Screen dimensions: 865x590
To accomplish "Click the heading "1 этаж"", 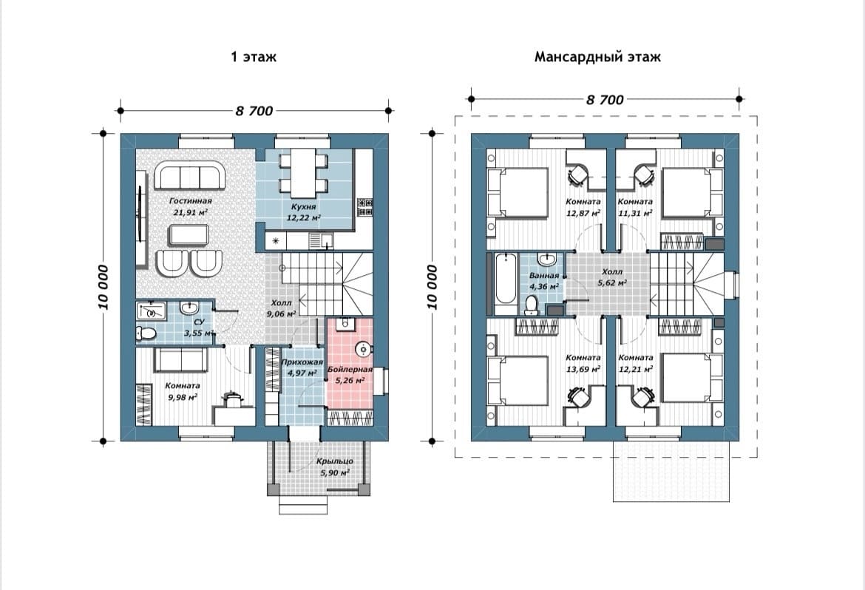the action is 253,57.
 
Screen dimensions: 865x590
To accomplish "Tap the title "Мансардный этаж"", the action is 597,57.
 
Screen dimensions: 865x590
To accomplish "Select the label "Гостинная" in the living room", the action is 190,201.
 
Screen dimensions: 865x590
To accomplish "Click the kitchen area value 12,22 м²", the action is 303,217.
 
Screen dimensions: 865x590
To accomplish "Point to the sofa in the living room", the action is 190,175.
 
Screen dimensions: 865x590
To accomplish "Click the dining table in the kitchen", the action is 303,171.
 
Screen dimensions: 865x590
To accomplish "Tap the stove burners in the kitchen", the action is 364,207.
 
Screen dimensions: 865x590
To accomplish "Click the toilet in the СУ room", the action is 145,333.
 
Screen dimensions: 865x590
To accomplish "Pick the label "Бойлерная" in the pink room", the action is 350,369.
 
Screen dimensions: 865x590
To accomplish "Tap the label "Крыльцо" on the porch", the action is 335,461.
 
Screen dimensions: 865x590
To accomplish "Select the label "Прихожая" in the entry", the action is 302,362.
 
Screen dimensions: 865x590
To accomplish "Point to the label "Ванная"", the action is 544,275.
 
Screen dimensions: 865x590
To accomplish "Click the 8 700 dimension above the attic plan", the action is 605,100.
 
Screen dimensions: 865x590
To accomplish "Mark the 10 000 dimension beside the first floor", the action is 104,287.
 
